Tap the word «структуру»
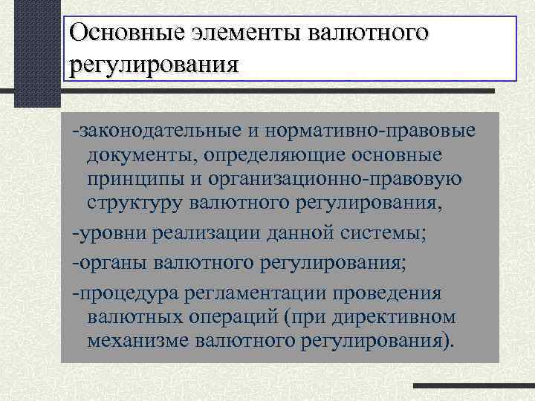pos(134,203)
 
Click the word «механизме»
pos(139,342)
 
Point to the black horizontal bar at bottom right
pos(473,386)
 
